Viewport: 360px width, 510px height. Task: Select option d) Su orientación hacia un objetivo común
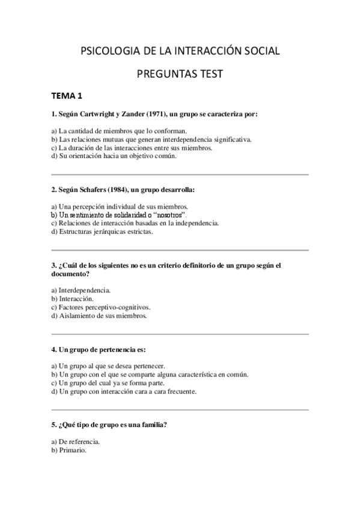[114, 156]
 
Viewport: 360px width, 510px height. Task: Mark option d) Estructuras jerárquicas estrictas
[102, 231]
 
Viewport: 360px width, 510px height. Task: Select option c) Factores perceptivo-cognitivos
[100, 307]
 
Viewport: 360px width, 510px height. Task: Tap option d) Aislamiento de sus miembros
[99, 315]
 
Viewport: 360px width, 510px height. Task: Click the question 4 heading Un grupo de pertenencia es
[103, 349]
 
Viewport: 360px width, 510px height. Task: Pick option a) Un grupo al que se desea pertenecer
[108, 366]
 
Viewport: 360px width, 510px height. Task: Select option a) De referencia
[76, 441]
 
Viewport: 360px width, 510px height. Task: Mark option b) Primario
[69, 449]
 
